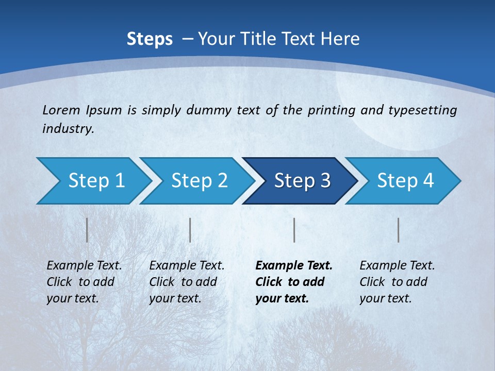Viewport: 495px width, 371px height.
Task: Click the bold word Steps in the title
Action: coord(150,39)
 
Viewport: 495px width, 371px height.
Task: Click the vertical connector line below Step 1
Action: coord(87,230)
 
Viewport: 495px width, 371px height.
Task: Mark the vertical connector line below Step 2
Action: coord(190,230)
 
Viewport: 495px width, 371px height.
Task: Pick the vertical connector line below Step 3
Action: coord(294,230)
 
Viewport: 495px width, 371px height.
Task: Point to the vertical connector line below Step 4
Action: coord(399,230)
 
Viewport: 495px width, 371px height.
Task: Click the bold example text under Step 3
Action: coord(293,282)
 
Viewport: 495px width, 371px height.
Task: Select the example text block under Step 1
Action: coord(84,282)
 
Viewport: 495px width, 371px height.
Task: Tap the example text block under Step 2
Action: coord(187,282)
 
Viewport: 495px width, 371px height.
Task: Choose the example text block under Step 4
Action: coord(397,282)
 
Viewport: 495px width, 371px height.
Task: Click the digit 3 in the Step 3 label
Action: coord(324,181)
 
